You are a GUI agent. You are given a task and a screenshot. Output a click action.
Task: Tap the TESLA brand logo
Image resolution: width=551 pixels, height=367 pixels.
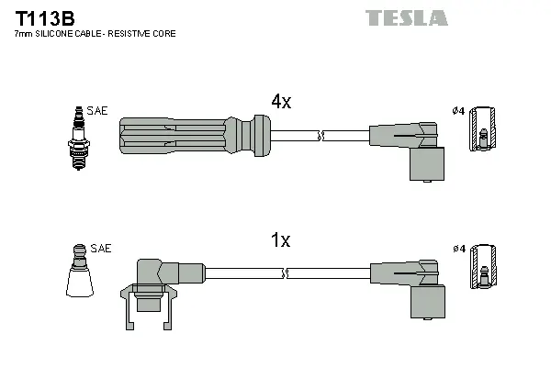[x=406, y=17]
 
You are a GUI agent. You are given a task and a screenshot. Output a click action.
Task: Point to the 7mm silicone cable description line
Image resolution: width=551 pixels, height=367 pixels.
[x=95, y=33]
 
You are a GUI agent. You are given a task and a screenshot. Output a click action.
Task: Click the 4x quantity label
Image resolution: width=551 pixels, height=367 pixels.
[x=280, y=102]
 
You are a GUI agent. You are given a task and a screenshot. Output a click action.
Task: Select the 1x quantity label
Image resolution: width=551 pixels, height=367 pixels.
[x=280, y=240]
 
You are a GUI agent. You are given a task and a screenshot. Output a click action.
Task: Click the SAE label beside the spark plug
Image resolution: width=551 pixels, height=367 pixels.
[x=98, y=110]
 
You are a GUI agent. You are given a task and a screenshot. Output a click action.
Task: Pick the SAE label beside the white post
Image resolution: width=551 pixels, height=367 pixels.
[x=101, y=249]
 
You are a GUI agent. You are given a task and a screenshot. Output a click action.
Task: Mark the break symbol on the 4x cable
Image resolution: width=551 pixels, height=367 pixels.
[x=319, y=137]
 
